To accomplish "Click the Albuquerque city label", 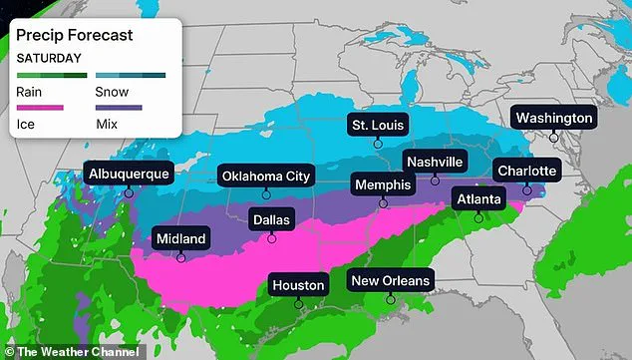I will (129, 174).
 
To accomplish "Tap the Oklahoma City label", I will (266, 177).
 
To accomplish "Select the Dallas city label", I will (272, 218).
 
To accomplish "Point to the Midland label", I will (180, 238).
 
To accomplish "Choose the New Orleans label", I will (391, 280).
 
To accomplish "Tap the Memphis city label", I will (383, 184).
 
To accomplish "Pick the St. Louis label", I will (378, 125).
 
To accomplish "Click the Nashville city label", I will (435, 162).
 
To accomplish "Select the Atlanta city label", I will (479, 197).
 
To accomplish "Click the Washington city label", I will (553, 118).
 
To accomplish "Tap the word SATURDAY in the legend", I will (48, 57).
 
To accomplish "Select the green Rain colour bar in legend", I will (52, 75).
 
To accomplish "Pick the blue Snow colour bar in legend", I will (130, 75).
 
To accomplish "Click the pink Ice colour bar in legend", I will (39, 107).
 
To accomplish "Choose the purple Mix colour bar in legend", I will (118, 107).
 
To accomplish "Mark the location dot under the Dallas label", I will (272, 237).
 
